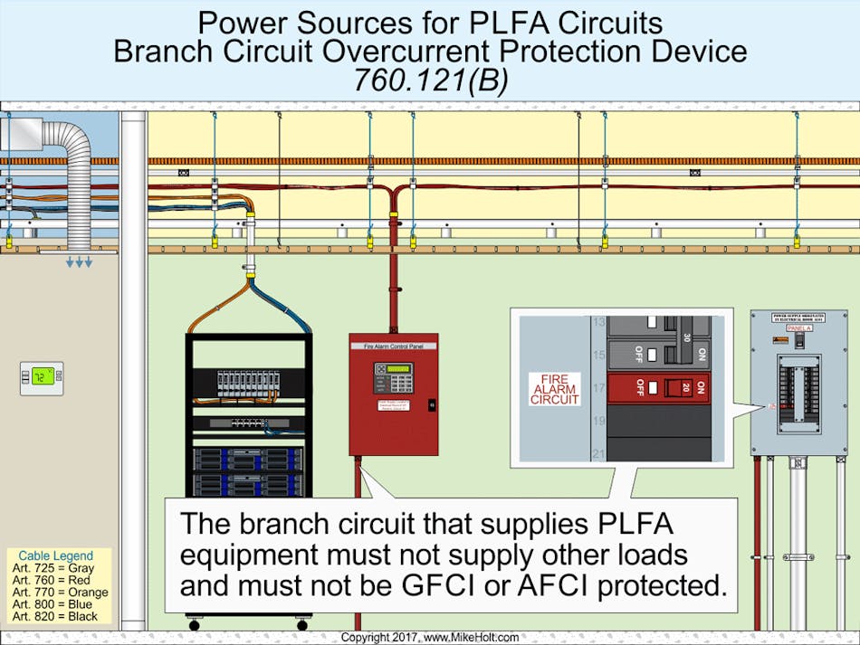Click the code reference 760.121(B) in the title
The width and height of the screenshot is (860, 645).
click(x=430, y=80)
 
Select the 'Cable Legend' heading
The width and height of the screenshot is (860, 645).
click(x=56, y=555)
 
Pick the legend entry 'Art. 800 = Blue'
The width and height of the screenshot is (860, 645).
click(x=49, y=604)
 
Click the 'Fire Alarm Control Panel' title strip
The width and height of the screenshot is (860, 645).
click(x=394, y=346)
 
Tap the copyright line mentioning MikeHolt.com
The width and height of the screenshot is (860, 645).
click(x=430, y=638)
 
